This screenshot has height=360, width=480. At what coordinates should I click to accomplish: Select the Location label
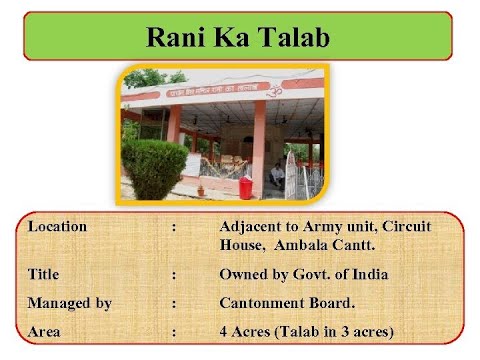point(57,227)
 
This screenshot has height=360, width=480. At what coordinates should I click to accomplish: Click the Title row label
point(43,273)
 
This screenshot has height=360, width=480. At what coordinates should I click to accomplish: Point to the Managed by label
point(69,303)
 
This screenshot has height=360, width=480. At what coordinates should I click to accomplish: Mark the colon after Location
point(174,227)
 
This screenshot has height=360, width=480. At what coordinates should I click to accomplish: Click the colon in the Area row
point(174,331)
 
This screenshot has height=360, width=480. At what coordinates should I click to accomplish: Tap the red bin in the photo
point(245,187)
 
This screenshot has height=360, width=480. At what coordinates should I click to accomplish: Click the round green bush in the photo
point(156,167)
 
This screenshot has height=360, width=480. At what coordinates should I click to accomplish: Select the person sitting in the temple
point(277,177)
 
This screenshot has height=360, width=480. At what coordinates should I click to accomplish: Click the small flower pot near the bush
point(201,188)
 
